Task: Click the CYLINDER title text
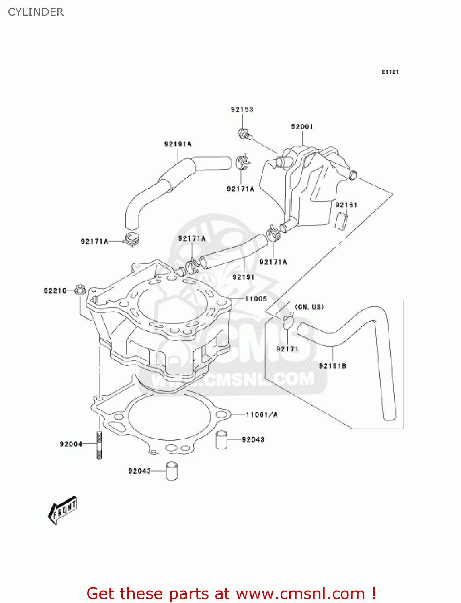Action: click(x=36, y=12)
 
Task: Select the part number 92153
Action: click(x=242, y=109)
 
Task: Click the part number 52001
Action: click(x=302, y=127)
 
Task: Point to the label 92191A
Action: click(x=178, y=144)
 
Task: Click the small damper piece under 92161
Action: click(x=341, y=221)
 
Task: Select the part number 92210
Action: click(x=55, y=291)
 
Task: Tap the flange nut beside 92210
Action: click(x=80, y=289)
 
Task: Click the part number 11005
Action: click(x=256, y=299)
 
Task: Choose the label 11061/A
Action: click(x=262, y=414)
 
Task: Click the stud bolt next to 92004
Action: click(x=99, y=445)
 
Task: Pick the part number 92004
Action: click(x=71, y=444)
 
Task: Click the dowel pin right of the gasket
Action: click(x=221, y=440)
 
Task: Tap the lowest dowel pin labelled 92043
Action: click(x=172, y=471)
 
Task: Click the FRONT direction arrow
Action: click(x=63, y=510)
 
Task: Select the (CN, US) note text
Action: click(x=309, y=307)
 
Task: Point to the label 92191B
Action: click(x=332, y=366)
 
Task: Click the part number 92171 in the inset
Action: click(x=287, y=349)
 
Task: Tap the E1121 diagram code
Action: click(x=390, y=72)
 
